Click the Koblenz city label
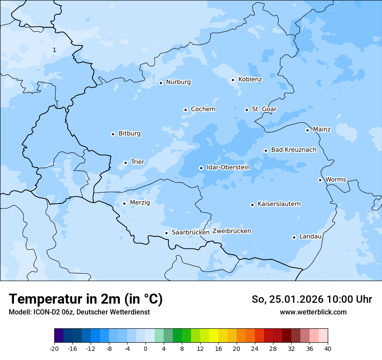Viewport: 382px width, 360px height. [x=250, y=79]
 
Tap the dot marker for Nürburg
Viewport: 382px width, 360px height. [x=161, y=83]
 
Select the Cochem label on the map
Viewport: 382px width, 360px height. [x=203, y=109]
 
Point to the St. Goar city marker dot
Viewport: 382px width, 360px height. [x=247, y=110]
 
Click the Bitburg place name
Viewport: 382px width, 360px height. [x=129, y=134]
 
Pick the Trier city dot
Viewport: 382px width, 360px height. [x=125, y=163]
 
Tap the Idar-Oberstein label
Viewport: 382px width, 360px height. [x=228, y=167]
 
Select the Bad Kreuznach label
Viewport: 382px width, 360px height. [x=293, y=150]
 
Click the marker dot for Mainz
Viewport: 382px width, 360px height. [x=307, y=130]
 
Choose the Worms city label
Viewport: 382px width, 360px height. [x=336, y=180]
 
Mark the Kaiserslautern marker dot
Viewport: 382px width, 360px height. [x=252, y=205]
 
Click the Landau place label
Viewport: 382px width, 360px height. [x=310, y=236]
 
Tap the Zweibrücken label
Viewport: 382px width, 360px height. [x=231, y=231]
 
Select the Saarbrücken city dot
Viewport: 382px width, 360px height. [x=166, y=233]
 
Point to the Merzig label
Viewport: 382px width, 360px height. [x=140, y=203]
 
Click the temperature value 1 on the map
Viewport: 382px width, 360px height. [x=54, y=50]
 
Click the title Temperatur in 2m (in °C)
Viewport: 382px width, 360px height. [x=86, y=299]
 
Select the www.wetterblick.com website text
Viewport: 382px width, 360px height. [x=313, y=312]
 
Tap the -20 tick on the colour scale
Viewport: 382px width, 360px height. [x=54, y=348]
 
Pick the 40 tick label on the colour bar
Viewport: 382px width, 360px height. [x=328, y=348]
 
